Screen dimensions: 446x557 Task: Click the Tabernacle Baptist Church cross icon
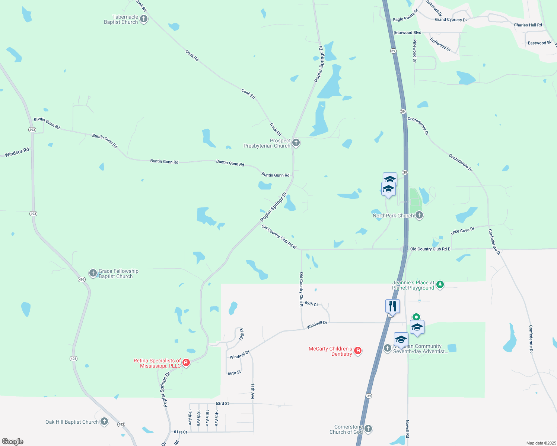(x=144, y=19)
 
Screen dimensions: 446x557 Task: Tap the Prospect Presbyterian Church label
(x=267, y=143)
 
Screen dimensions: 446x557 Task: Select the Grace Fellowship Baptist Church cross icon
(x=93, y=274)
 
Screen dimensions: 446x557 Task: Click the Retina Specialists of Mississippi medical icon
(x=187, y=363)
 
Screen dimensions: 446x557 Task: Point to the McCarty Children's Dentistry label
(x=330, y=351)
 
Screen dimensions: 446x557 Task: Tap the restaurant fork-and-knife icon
(x=392, y=306)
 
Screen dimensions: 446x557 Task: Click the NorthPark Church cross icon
(x=419, y=215)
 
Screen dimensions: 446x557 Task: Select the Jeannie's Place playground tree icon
(x=440, y=285)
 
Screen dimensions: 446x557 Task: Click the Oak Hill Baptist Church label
(x=72, y=422)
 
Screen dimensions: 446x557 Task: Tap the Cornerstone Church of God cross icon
(x=368, y=429)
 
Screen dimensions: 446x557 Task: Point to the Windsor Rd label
(x=17, y=152)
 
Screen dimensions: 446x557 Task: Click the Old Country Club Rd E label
(x=430, y=249)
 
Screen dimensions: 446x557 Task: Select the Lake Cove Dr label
(x=462, y=231)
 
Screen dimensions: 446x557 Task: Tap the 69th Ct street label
(x=311, y=304)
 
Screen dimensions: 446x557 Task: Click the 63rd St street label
(x=222, y=404)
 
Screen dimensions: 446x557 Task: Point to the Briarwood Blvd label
(x=407, y=33)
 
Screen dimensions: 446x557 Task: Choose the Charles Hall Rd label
(x=528, y=25)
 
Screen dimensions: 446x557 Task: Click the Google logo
(x=13, y=442)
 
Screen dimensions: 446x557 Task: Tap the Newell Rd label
(x=407, y=429)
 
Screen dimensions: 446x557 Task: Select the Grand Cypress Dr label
(x=451, y=20)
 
